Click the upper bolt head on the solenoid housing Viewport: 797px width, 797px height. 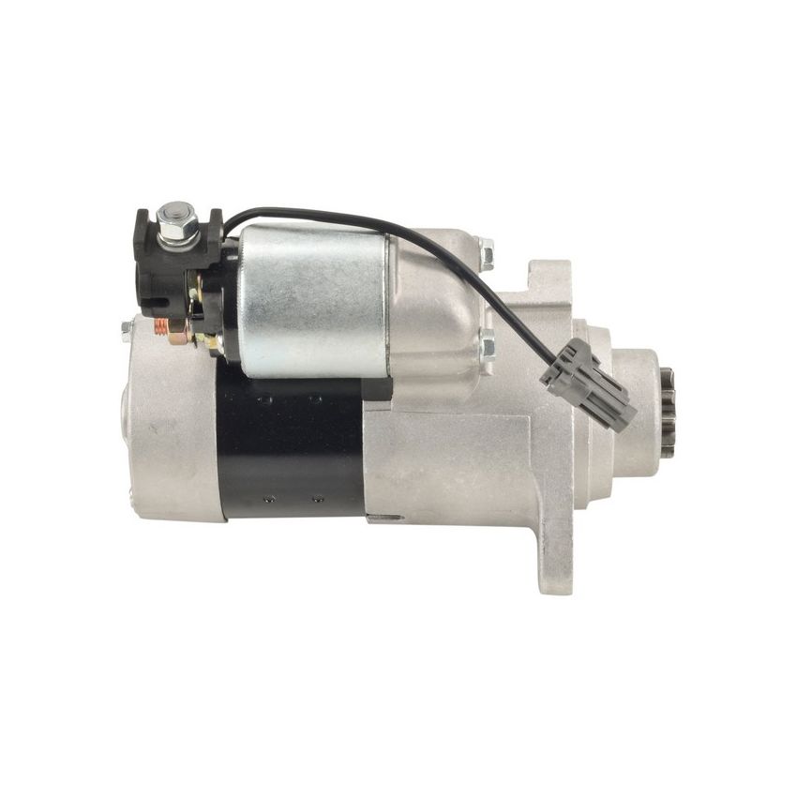coord(486,253)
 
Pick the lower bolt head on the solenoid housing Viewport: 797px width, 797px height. coord(487,346)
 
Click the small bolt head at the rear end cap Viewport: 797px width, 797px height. coord(127,329)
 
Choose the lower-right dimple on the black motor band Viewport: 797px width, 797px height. coord(318,500)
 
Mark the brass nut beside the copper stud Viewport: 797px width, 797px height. coord(178,328)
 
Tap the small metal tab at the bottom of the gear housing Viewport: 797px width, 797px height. coord(384,519)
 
